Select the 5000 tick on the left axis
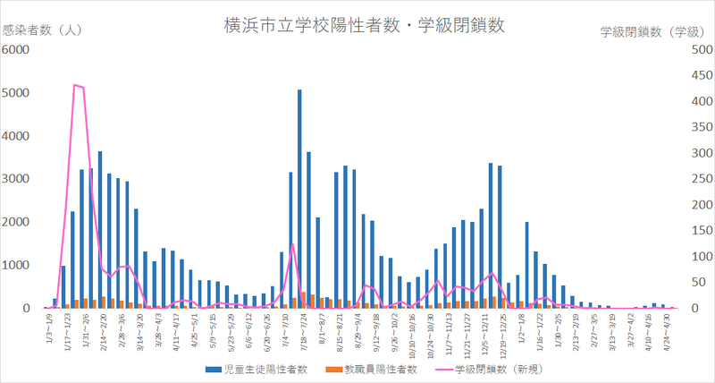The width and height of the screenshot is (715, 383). click(x=18, y=92)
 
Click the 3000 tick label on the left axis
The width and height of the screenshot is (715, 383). click(x=18, y=178)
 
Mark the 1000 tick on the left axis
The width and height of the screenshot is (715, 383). click(x=18, y=265)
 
